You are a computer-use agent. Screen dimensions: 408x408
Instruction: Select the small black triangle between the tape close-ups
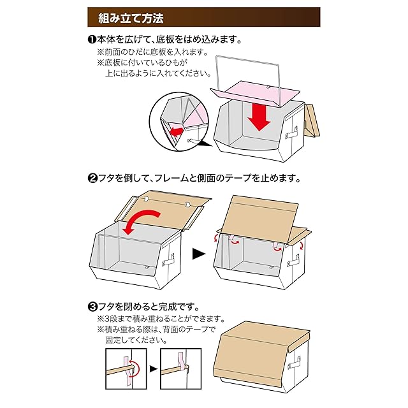click(x=154, y=369)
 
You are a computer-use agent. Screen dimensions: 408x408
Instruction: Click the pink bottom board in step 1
click(x=255, y=93)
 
